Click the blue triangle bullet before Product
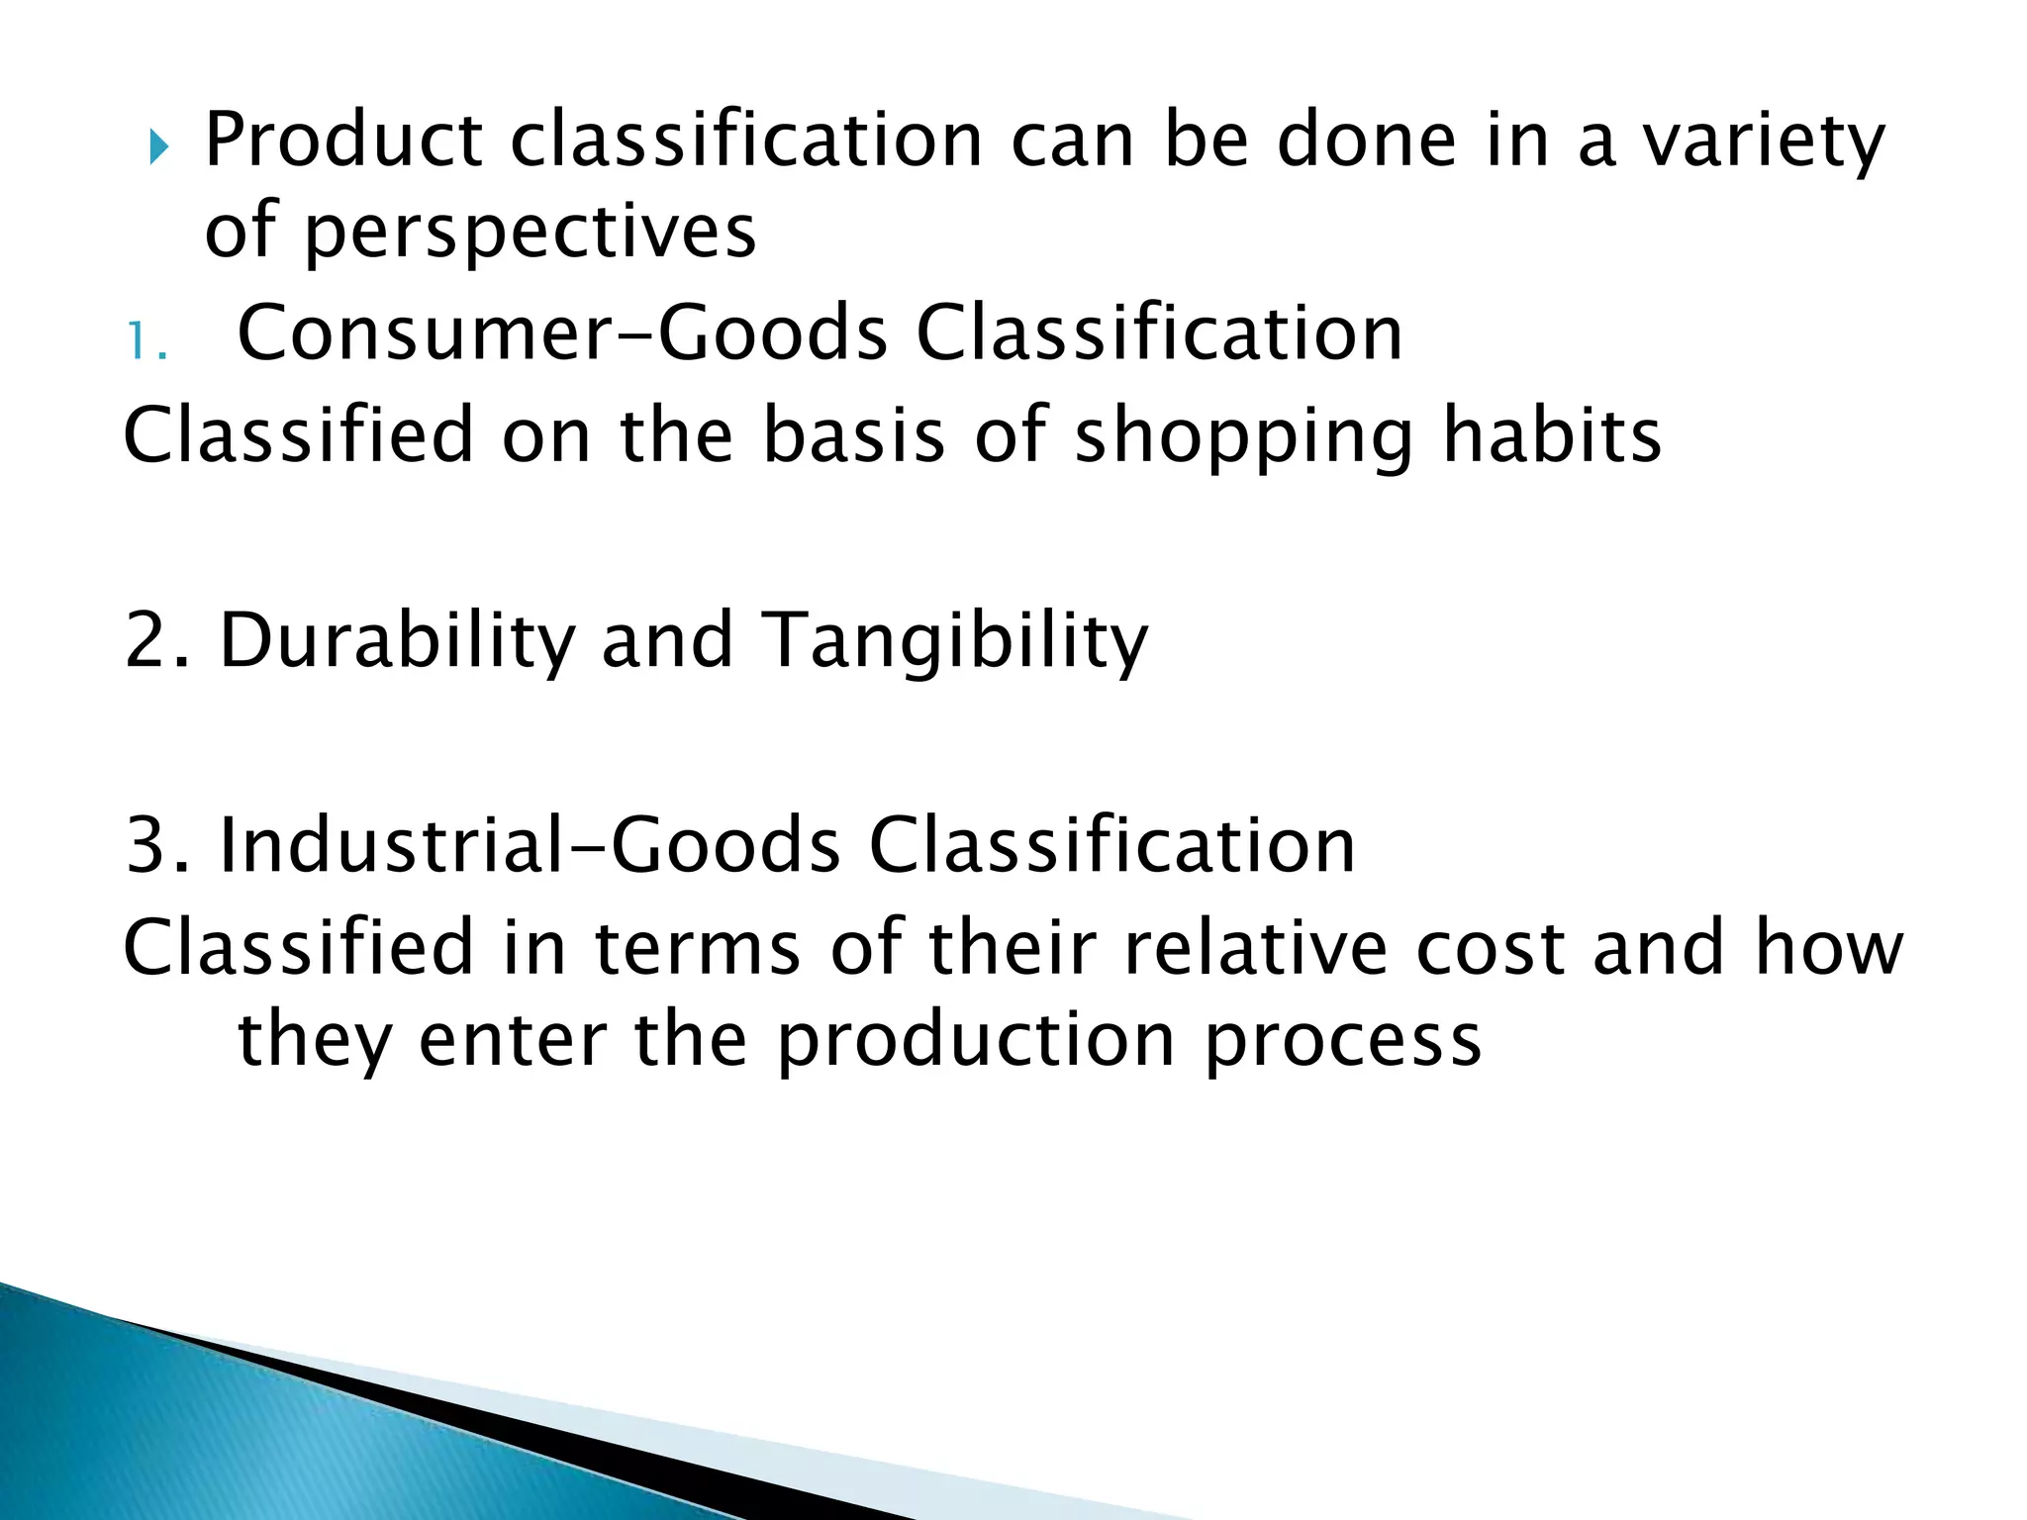159,149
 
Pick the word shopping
1243,437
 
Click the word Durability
397,641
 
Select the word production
975,1042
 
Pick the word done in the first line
1367,142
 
